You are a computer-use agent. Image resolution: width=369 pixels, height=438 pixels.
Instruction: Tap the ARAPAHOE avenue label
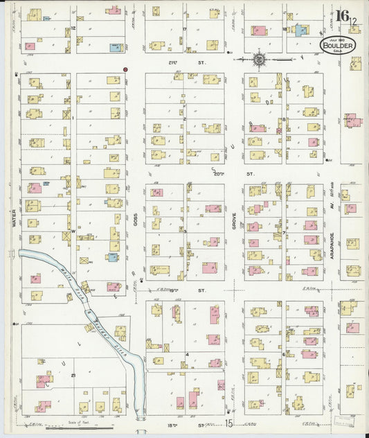333,226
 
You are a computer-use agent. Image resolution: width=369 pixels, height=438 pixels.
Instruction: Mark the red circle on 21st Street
125,70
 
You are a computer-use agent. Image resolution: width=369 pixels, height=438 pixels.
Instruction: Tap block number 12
73,28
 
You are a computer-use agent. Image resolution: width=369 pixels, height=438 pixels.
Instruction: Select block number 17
185,28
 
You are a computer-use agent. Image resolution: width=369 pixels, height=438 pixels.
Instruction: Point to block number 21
73,374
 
